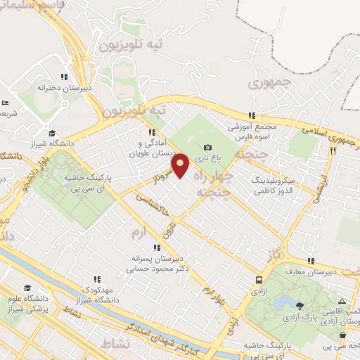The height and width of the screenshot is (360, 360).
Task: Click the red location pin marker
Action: [181, 165]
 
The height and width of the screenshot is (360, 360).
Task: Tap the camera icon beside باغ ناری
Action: [207, 147]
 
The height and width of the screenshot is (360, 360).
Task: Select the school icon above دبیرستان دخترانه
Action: [63, 77]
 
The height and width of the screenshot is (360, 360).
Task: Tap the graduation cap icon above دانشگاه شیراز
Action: [51, 133]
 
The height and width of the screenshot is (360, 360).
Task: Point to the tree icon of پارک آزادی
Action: [301, 305]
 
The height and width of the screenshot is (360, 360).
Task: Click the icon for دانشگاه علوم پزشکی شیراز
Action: [27, 288]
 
